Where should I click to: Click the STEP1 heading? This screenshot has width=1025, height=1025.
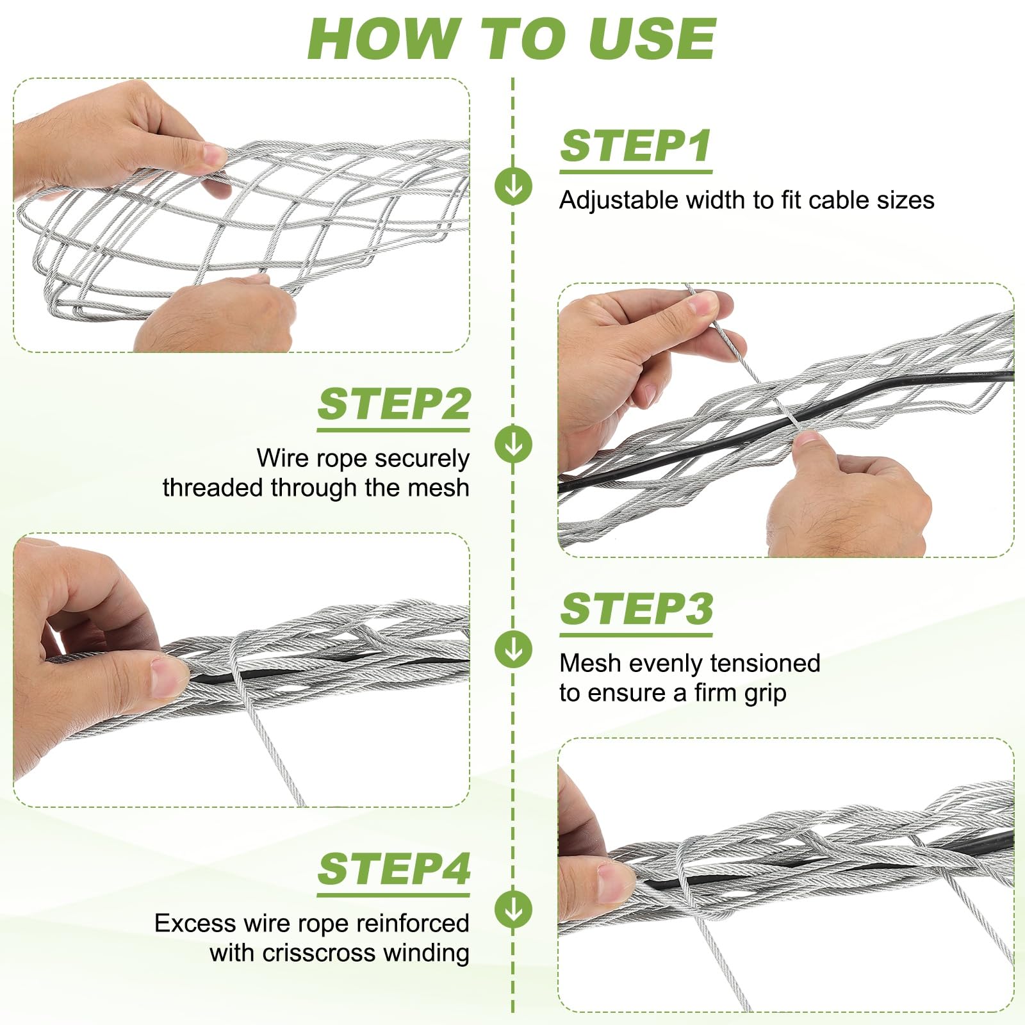(x=636, y=147)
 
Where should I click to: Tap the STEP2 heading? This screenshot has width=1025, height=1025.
(x=394, y=404)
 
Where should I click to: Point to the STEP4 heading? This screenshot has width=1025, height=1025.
(x=394, y=869)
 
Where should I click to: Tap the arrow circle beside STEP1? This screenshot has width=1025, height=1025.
(x=513, y=186)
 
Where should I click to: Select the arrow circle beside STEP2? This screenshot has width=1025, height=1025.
(x=513, y=444)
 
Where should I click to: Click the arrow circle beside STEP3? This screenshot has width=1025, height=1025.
(x=513, y=650)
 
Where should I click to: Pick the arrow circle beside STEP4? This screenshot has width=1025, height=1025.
(x=513, y=908)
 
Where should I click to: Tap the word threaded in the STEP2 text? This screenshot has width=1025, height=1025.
(x=213, y=488)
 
